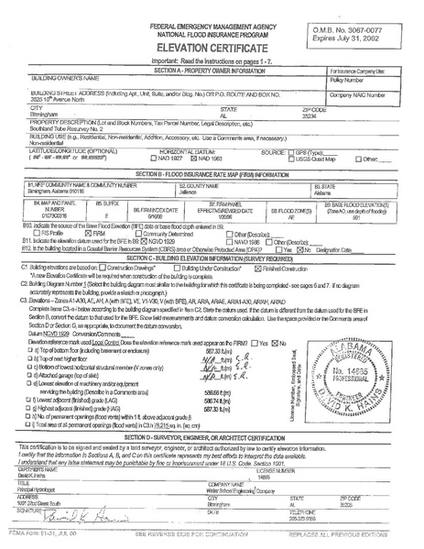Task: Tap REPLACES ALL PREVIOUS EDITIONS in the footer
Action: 362,542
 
